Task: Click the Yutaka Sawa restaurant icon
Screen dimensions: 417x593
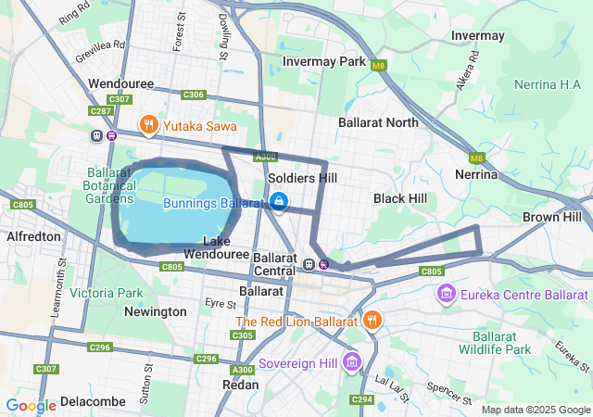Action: pyautogui.click(x=148, y=125)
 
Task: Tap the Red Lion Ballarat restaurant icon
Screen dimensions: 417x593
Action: pyautogui.click(x=372, y=321)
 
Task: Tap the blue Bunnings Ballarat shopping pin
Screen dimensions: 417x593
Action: pyautogui.click(x=279, y=201)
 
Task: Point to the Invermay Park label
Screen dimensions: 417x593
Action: pyautogui.click(x=325, y=61)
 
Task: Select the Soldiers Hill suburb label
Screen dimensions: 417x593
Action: pyautogui.click(x=302, y=178)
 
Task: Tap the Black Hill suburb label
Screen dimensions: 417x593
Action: pyautogui.click(x=400, y=198)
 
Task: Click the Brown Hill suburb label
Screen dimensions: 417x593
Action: pyautogui.click(x=552, y=217)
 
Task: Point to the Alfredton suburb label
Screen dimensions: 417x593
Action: pyautogui.click(x=33, y=236)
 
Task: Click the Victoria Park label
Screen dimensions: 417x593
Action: pyautogui.click(x=107, y=293)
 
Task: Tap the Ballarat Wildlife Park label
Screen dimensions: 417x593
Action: pyautogui.click(x=501, y=343)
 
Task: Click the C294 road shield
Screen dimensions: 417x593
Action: pyautogui.click(x=361, y=399)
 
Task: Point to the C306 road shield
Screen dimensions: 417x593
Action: pyautogui.click(x=194, y=95)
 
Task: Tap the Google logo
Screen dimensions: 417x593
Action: pyautogui.click(x=31, y=405)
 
